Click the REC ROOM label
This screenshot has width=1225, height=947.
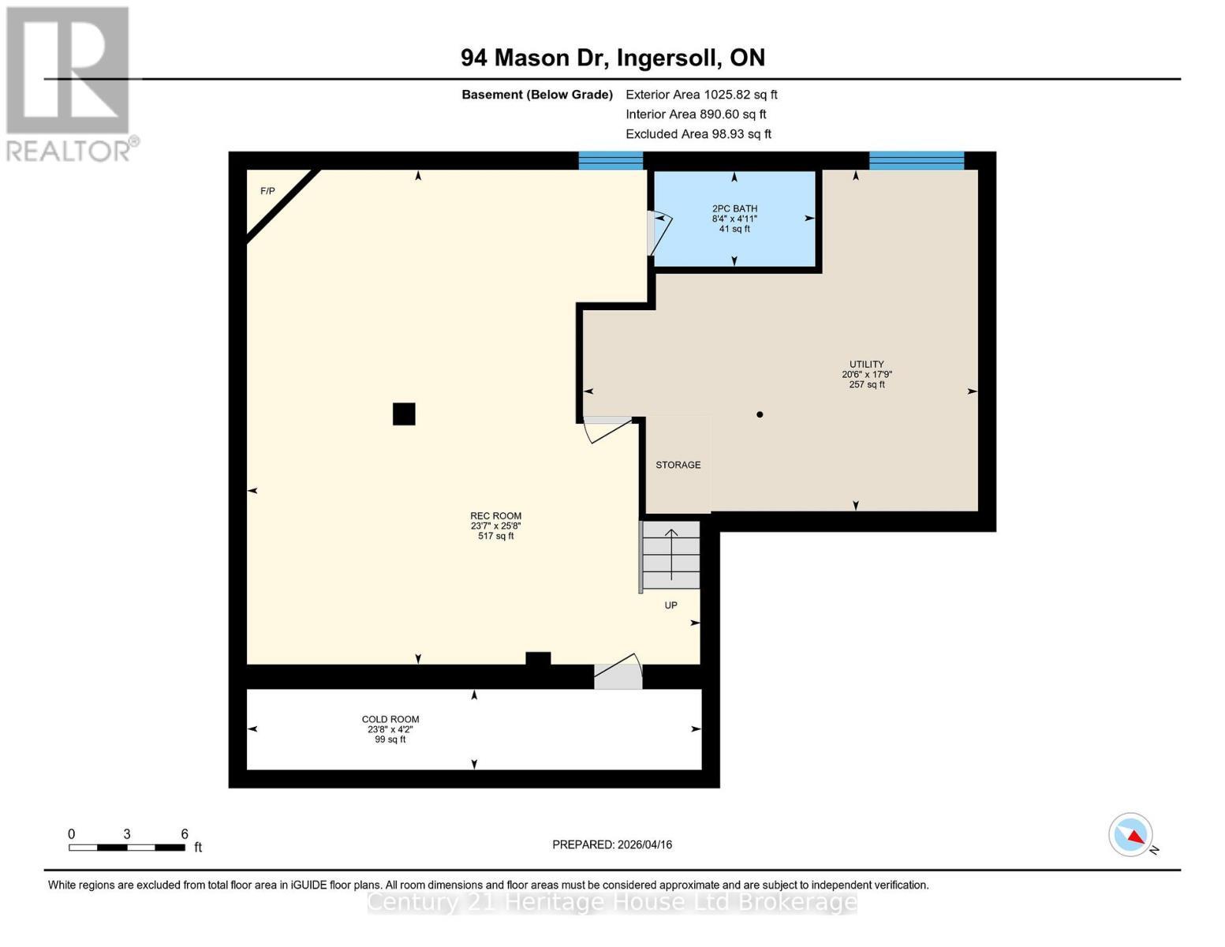pyautogui.click(x=495, y=517)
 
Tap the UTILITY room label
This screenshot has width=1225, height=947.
pyautogui.click(x=866, y=365)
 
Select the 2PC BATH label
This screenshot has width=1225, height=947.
pyautogui.click(x=734, y=209)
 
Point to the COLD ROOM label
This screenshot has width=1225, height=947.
pyautogui.click(x=390, y=720)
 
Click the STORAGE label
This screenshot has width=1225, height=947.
pyautogui.click(x=678, y=466)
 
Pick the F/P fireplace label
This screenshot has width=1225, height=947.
pyautogui.click(x=267, y=192)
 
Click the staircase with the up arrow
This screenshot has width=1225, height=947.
pyautogui.click(x=670, y=555)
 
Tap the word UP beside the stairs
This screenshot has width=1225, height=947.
pyautogui.click(x=670, y=606)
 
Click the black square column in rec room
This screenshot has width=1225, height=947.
pyautogui.click(x=404, y=414)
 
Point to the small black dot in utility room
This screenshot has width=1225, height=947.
pyautogui.click(x=760, y=414)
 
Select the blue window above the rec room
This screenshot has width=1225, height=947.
pyautogui.click(x=611, y=160)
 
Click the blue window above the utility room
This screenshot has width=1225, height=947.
pyautogui.click(x=916, y=160)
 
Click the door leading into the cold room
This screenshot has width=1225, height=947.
pyautogui.click(x=618, y=673)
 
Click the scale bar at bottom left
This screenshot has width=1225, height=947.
pyautogui.click(x=127, y=848)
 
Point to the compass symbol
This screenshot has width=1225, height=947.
pyautogui.click(x=1131, y=835)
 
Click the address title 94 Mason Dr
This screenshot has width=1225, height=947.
pyautogui.click(x=612, y=58)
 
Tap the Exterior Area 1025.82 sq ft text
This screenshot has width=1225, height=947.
pyautogui.click(x=701, y=95)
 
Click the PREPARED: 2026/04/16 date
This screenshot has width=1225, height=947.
pyautogui.click(x=612, y=845)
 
